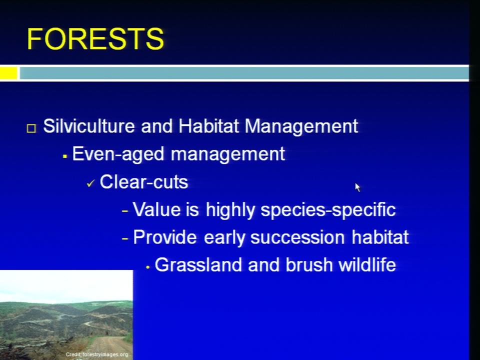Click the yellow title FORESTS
coord(95,38)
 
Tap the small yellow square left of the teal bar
coord(8,73)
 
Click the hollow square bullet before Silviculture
coord(31,128)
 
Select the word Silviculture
coord(89,126)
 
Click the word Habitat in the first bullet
coord(208,126)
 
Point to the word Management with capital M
coord(301,126)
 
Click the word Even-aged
coord(118,154)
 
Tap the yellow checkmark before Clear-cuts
coord(91,183)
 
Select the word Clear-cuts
coord(144,182)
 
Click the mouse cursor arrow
coord(357,187)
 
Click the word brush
coord(309,265)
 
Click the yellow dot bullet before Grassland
coord(148,267)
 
